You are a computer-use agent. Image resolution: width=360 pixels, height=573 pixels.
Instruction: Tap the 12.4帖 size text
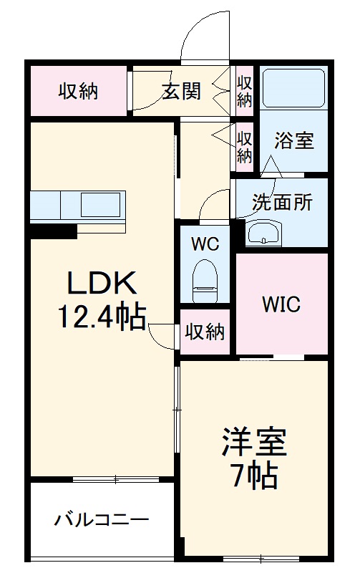click(x=102, y=316)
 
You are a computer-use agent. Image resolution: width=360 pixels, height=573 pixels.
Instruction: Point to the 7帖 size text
click(x=253, y=475)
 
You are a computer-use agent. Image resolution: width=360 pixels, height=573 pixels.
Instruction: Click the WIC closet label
click(x=281, y=304)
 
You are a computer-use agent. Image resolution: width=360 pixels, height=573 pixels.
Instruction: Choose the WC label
click(x=205, y=243)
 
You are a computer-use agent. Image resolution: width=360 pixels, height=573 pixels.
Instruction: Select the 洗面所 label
click(x=282, y=203)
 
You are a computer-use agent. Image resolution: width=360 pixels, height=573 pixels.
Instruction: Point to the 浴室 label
click(x=294, y=140)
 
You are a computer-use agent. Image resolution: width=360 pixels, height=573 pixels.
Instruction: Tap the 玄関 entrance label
click(x=181, y=92)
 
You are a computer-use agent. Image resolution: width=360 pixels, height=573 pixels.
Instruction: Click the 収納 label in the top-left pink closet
click(x=79, y=92)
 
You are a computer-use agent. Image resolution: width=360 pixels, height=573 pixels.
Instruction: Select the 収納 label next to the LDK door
click(x=205, y=332)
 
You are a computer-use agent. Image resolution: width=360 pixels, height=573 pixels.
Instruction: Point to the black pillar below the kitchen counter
click(x=53, y=231)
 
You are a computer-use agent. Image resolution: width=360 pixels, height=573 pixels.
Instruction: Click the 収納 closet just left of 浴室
click(x=245, y=145)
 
